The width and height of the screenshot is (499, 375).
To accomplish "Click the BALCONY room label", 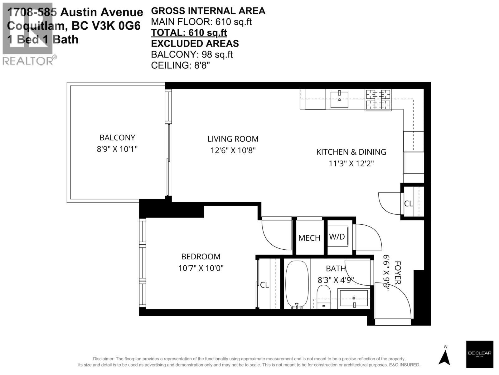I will pos(117,137).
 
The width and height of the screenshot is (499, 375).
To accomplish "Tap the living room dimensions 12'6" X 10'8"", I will pos(233,150).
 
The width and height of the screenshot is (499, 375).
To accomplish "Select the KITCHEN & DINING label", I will pos(351,152).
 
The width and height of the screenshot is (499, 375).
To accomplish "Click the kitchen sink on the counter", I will pos(339,99).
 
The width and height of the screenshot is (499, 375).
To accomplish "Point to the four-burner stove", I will pos(378,100).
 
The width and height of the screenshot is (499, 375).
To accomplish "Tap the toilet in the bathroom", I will pos(324,297).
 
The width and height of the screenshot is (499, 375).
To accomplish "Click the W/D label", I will pos(337,237).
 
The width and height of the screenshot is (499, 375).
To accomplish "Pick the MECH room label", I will pos(309,238).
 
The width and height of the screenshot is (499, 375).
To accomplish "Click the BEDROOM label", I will pos(201,257).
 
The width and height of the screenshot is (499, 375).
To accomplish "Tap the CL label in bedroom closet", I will pos(264,285).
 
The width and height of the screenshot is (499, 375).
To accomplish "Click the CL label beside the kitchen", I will pos(408,203).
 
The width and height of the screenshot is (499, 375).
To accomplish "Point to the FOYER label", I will pos(397,272).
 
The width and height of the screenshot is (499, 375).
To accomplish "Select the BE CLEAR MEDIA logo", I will pos(479,354).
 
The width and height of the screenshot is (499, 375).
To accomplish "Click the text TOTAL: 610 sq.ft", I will pos(189,32).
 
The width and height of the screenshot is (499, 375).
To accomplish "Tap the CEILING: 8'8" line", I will pos(180,65).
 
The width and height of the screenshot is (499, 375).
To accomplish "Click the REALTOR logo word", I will pos(28,61).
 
